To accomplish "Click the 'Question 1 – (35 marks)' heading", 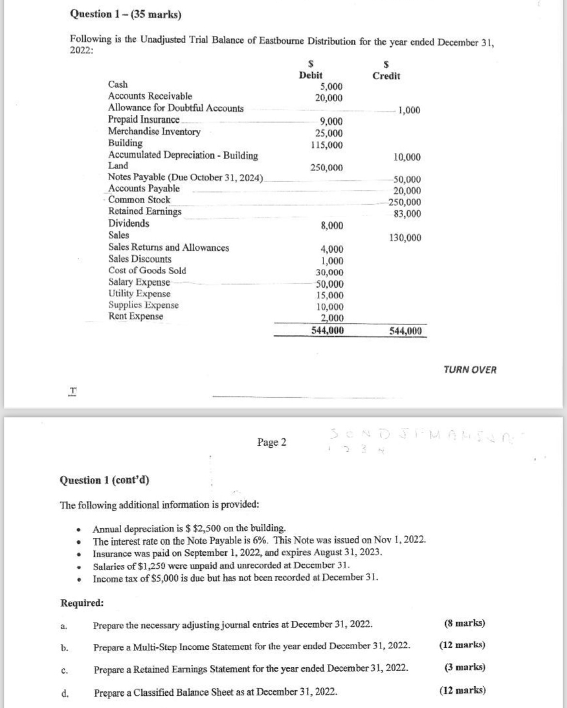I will click(x=126, y=14).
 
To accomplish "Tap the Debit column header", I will click(x=311, y=75).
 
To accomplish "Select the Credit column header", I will click(x=386, y=76).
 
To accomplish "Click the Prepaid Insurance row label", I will click(x=143, y=119).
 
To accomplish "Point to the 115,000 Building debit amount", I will click(x=327, y=145).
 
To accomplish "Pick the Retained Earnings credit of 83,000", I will click(x=407, y=214).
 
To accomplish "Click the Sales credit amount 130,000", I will click(x=405, y=237).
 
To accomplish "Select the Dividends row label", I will click(x=128, y=223).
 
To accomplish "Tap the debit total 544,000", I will click(x=328, y=330).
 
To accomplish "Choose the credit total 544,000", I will click(x=405, y=331).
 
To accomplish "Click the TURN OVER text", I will click(x=470, y=370).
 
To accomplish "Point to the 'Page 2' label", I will click(x=271, y=442).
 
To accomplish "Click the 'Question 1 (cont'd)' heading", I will click(x=104, y=480).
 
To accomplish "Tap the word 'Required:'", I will click(x=82, y=603).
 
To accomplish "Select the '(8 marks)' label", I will click(x=464, y=623).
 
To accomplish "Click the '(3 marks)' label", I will click(x=464, y=667).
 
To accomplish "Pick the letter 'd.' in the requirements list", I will click(x=65, y=692).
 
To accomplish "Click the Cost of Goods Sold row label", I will click(x=147, y=270).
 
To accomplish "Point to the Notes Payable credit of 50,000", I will click(x=407, y=179).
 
